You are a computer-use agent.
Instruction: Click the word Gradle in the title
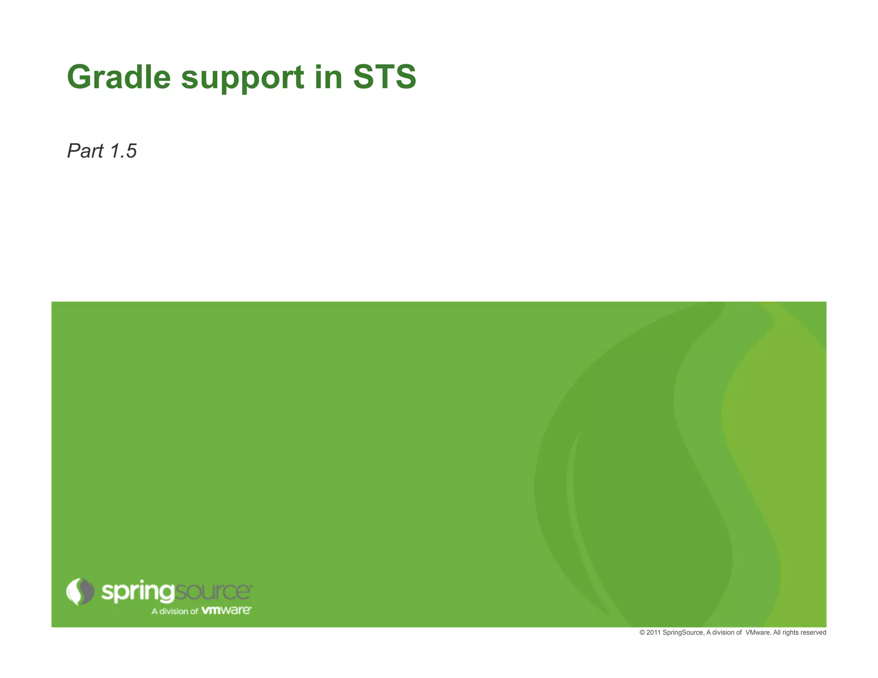click(119, 77)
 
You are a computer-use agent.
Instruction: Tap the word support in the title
click(243, 78)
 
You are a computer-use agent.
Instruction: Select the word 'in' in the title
click(328, 77)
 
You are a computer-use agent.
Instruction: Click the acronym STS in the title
click(385, 77)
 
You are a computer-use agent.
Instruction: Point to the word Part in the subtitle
click(85, 151)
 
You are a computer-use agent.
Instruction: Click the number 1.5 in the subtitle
click(123, 151)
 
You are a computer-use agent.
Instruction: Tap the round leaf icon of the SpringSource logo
click(80, 591)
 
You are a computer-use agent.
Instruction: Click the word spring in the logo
click(138, 592)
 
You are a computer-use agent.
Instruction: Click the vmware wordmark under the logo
click(226, 610)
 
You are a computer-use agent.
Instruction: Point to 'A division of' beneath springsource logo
click(174, 611)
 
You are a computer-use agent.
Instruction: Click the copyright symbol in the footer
click(642, 633)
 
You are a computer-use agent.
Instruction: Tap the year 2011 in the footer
click(653, 633)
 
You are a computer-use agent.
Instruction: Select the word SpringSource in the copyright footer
click(683, 633)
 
